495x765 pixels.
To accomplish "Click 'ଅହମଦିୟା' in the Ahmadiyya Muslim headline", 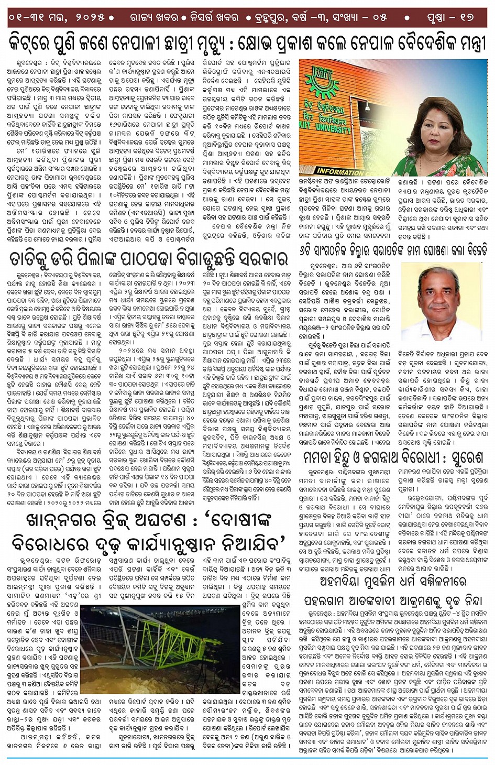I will click(x=340, y=581).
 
